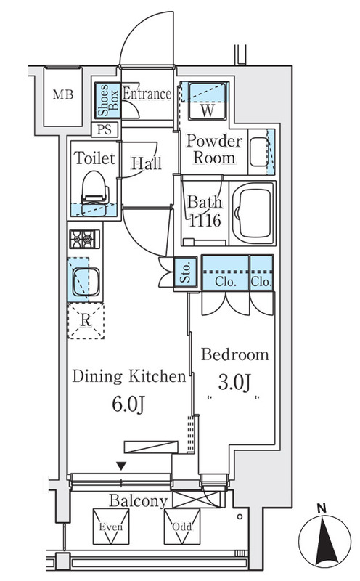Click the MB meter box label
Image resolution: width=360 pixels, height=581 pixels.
pos(63,95)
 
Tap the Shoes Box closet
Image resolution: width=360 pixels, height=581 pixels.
pos(107,100)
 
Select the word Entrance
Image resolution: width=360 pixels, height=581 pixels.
pos(147,94)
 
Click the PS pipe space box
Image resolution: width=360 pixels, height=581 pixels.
pos(105,130)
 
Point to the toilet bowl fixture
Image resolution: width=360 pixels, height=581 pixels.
pos(95,193)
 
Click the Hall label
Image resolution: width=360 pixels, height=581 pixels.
pos(147,163)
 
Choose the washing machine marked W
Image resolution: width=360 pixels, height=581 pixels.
pos(208,101)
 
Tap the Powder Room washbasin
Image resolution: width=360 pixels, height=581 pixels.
pos(259,152)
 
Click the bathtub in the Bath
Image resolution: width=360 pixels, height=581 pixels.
pos(253,213)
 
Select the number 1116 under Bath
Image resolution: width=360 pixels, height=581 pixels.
pos(205,222)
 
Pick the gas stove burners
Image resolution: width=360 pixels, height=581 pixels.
pos(84,239)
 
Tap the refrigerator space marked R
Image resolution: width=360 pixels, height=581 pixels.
pos(86,321)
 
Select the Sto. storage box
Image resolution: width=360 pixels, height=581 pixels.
pos(186,272)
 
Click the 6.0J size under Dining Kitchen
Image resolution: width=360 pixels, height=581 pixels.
pos(128,405)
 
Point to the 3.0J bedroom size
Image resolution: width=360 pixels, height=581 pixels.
pos(234,383)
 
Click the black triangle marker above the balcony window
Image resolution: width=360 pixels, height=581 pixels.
pos(121,466)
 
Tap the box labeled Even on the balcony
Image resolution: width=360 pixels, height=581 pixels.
pos(111,527)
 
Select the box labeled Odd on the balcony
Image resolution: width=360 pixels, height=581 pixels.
pos(182,527)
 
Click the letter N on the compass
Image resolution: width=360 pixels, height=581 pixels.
pos(322,508)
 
